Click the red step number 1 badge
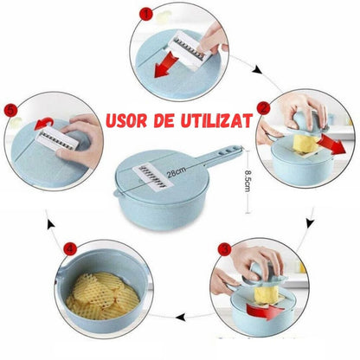pyautogui.click(x=146, y=14)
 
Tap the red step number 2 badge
pyautogui.click(x=264, y=108)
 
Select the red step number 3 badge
pyautogui.click(x=224, y=249)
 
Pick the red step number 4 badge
pyautogui.click(x=71, y=248)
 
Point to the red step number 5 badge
pyautogui.click(x=11, y=111)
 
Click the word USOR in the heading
pyautogui.click(x=126, y=121)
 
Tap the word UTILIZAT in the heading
pyautogui.click(x=216, y=120)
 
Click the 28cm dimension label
pyautogui.click(x=177, y=171)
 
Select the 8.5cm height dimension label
pyautogui.click(x=247, y=181)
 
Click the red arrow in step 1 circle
pyautogui.click(x=165, y=64)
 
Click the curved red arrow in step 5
pyautogui.click(x=43, y=124)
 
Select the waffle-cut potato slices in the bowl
pyautogui.click(x=102, y=296)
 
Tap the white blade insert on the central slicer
pyautogui.click(x=153, y=177)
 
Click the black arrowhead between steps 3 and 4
pyautogui.click(x=181, y=318)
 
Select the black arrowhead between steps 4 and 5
pyautogui.click(x=51, y=225)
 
